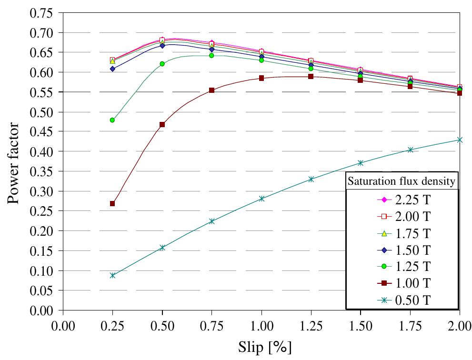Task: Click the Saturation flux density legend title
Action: (x=402, y=181)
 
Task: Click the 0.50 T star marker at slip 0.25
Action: (x=112, y=275)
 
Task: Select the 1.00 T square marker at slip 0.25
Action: (x=112, y=203)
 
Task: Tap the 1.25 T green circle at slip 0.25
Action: (x=112, y=120)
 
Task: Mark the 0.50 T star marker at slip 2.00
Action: (x=459, y=140)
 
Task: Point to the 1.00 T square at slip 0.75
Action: (x=211, y=90)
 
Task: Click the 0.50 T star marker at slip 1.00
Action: (x=261, y=199)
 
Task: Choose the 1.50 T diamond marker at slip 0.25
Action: (x=112, y=69)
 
